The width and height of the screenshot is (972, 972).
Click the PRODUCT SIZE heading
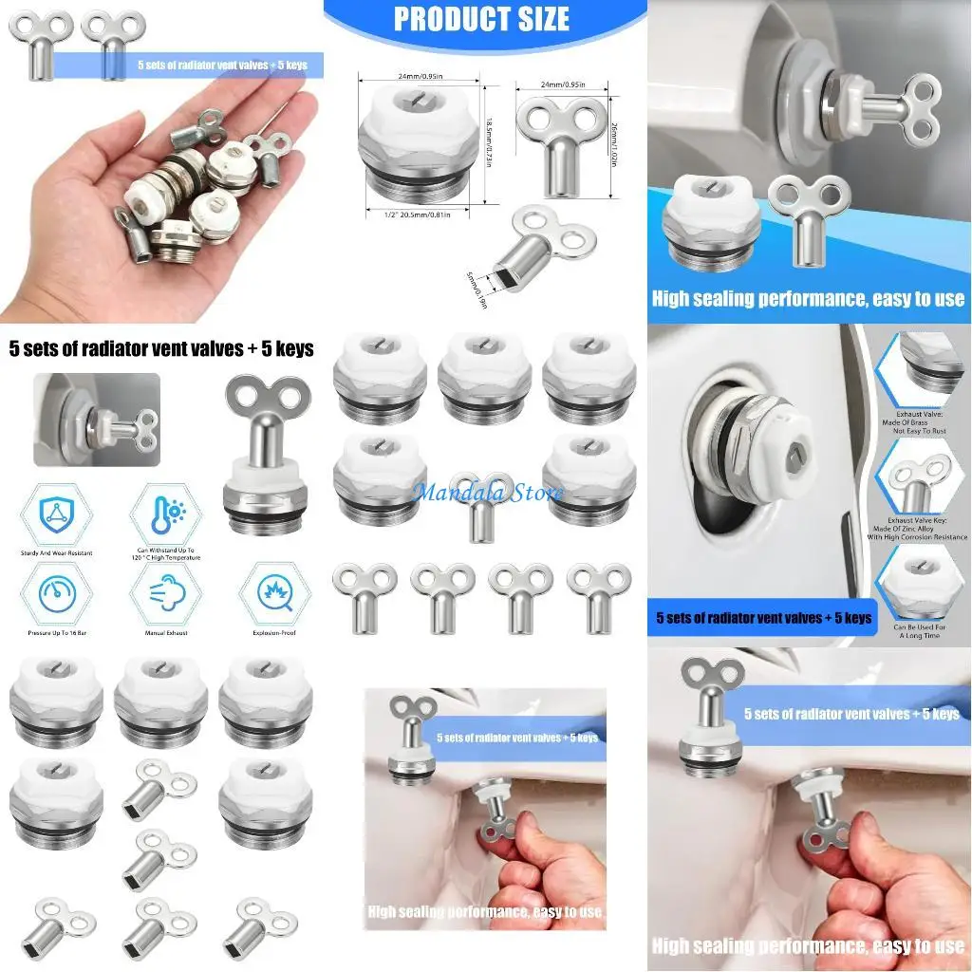pyautogui.click(x=481, y=19)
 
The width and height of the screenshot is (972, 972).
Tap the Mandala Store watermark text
pyautogui.click(x=488, y=493)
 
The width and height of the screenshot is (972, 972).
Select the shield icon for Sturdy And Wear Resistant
pyautogui.click(x=55, y=514)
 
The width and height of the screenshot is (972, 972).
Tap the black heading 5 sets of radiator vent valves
pyautogui.click(x=160, y=349)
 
